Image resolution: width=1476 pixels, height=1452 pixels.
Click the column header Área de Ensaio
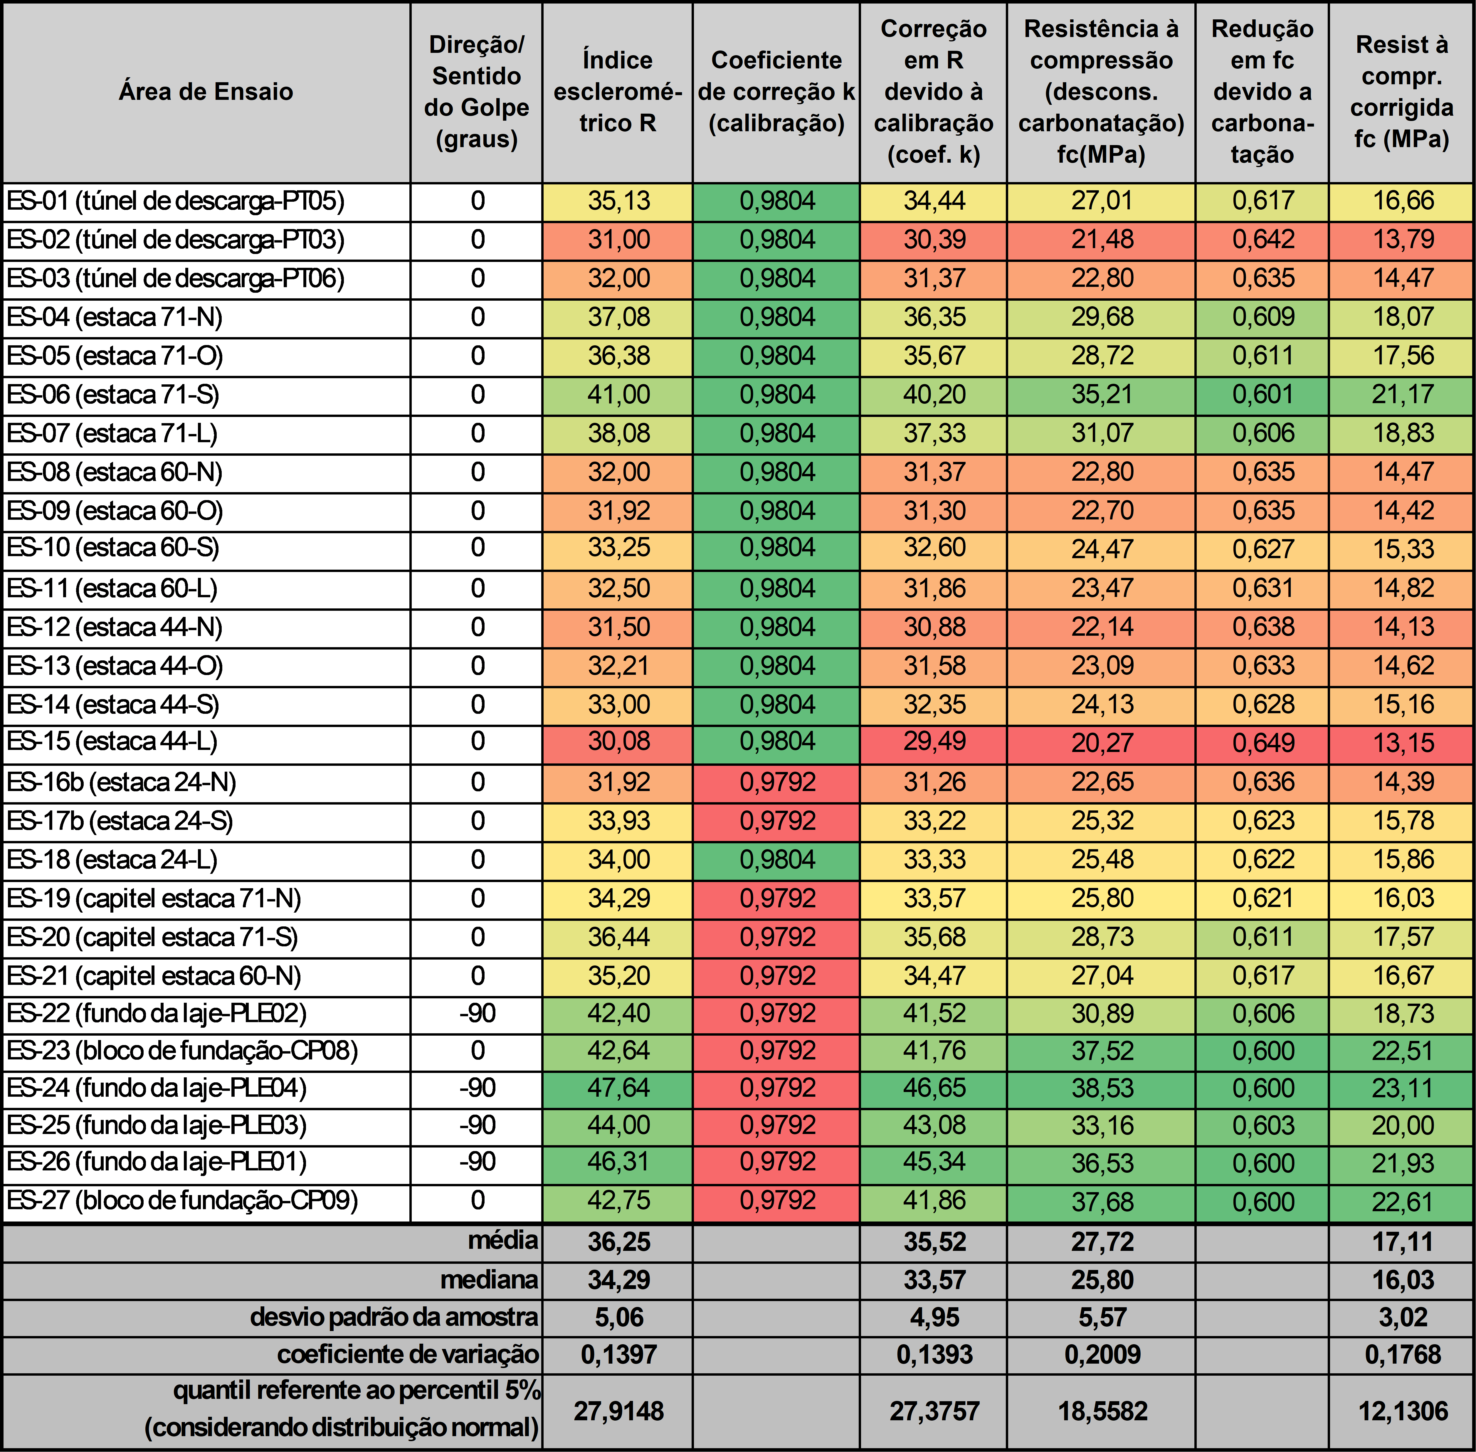(206, 92)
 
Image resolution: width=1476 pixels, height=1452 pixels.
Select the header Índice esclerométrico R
(618, 92)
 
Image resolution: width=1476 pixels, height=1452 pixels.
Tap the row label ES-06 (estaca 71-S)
(113, 395)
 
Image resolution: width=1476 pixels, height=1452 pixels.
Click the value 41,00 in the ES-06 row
(619, 395)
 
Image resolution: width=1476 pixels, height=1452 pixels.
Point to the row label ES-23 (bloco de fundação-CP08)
(182, 1051)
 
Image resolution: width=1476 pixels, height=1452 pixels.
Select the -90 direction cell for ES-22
(478, 1014)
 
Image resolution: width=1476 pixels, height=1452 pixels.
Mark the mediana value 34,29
(619, 1280)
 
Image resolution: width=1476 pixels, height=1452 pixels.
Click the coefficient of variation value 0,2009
(1102, 1355)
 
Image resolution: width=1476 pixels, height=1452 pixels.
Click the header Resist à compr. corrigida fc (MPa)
(1402, 92)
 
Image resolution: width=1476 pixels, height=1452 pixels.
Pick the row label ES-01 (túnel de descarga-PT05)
(175, 201)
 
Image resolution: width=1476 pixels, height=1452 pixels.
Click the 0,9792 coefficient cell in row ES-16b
(777, 783)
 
